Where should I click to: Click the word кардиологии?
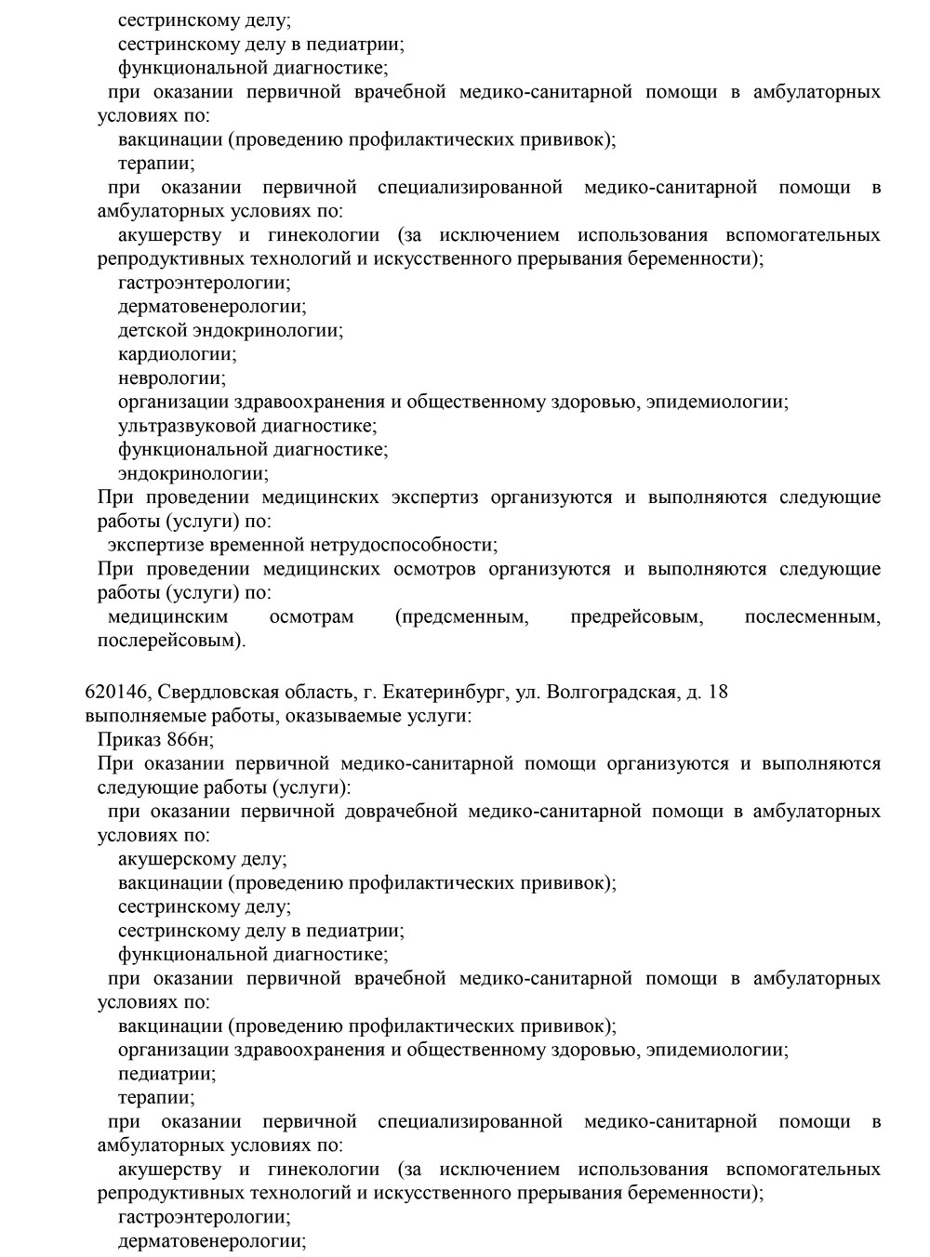pyautogui.click(x=177, y=354)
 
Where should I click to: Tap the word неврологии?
pyautogui.click(x=171, y=378)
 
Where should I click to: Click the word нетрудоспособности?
pyautogui.click(x=403, y=545)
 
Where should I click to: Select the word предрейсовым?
pyautogui.click(x=636, y=616)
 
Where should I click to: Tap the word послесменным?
pyautogui.click(x=812, y=616)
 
